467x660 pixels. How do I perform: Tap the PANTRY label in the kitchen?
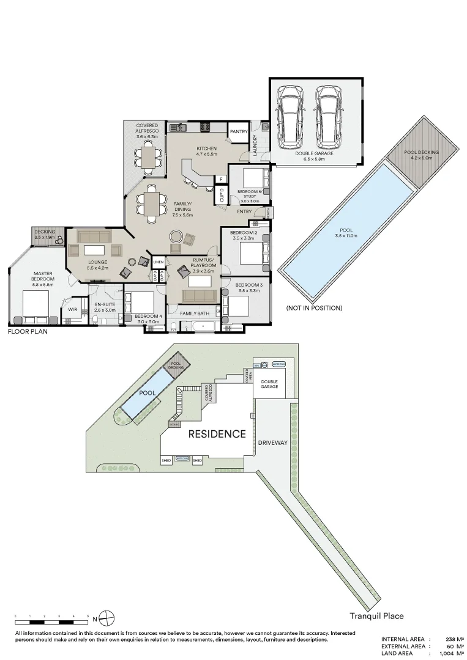[x=237, y=131]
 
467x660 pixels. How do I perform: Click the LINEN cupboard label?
[x=159, y=262]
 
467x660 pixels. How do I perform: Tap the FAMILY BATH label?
[x=193, y=313]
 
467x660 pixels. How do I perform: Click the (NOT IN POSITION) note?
[x=314, y=308]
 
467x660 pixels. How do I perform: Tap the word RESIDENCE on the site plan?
[x=217, y=435]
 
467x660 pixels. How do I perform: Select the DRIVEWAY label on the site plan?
[x=272, y=442]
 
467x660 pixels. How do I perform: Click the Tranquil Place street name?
[x=376, y=616]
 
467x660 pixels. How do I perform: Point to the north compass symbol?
[x=106, y=617]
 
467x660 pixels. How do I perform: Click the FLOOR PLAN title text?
[x=28, y=332]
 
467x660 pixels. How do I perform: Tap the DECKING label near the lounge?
[x=45, y=232]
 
